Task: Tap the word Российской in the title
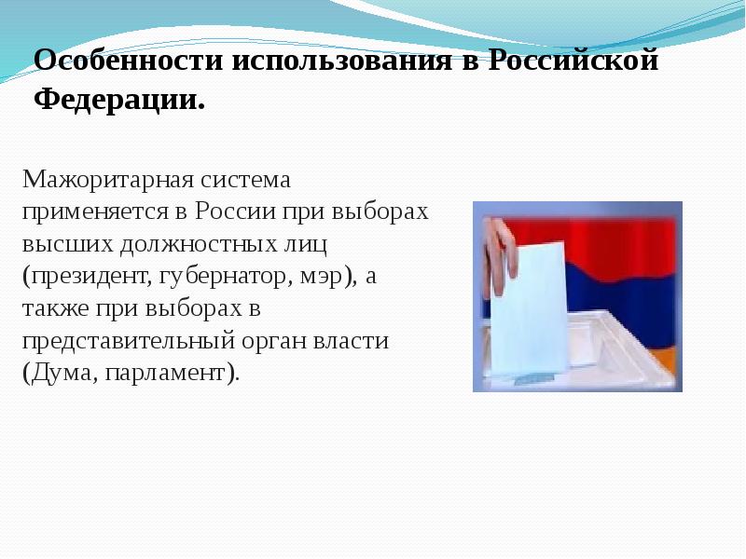575,61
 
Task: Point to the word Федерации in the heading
117,99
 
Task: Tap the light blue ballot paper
531,307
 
